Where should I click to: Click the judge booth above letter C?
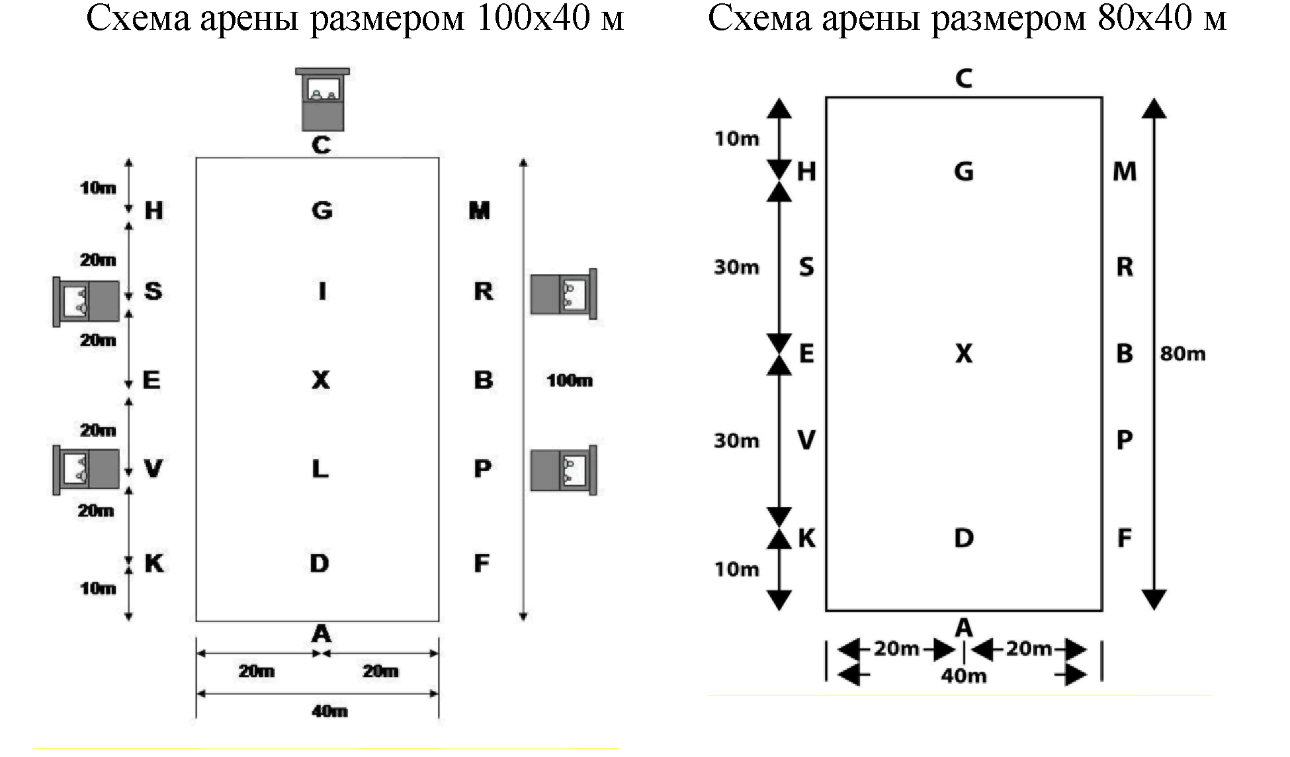[x=323, y=99]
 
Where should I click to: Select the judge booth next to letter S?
[x=87, y=301]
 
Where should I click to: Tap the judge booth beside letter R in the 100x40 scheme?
[x=564, y=293]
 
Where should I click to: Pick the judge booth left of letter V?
[x=87, y=470]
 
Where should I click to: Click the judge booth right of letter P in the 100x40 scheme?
[x=564, y=470]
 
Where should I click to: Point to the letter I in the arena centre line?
[x=322, y=290]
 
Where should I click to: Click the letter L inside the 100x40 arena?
[x=320, y=469]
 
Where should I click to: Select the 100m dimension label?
[x=570, y=380]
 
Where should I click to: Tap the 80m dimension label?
[x=1183, y=354]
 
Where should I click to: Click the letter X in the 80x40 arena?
[x=964, y=354]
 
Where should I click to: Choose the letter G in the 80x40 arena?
[x=964, y=172]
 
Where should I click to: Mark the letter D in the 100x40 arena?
[x=320, y=564]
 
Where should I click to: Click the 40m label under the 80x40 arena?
[x=964, y=676]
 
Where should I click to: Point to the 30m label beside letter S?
[x=736, y=267]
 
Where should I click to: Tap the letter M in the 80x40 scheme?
[x=1125, y=172]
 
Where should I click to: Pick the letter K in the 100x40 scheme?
[x=154, y=564]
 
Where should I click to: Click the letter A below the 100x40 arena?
[x=322, y=634]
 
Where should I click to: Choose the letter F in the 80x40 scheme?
[x=1125, y=539]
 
